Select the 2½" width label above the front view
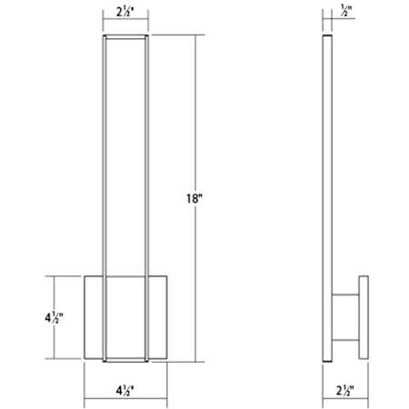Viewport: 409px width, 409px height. pos(126,15)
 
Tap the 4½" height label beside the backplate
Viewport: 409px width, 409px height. pos(55,319)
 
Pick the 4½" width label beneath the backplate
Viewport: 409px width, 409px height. pos(126,394)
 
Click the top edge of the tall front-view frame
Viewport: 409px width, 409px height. pos(126,37)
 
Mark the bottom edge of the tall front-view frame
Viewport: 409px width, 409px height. pos(126,355)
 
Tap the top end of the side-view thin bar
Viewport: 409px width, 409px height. pos(329,39)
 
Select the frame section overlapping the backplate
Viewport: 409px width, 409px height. pos(126,314)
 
